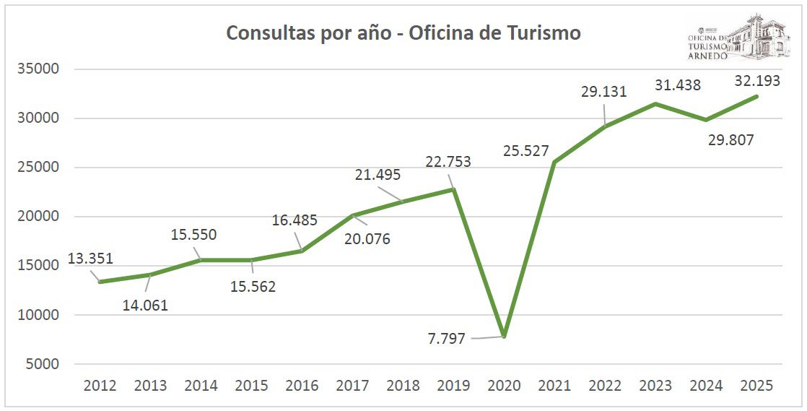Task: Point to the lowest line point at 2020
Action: pyautogui.click(x=504, y=337)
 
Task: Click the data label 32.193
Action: pyautogui.click(x=757, y=81)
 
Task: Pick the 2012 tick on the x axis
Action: pyautogui.click(x=100, y=386)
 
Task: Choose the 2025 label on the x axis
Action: pyautogui.click(x=756, y=386)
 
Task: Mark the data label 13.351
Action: pyautogui.click(x=90, y=259)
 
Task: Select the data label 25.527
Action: pyautogui.click(x=526, y=152)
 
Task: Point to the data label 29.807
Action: pyautogui.click(x=730, y=140)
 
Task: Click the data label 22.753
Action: pyautogui.click(x=448, y=162)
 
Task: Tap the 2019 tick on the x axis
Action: pyautogui.click(x=453, y=386)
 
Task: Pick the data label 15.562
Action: pyautogui.click(x=253, y=287)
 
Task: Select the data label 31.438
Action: pyautogui.click(x=677, y=85)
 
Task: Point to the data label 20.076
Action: pyautogui.click(x=367, y=238)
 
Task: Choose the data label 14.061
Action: pyautogui.click(x=144, y=305)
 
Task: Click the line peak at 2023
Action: pyautogui.click(x=655, y=104)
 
